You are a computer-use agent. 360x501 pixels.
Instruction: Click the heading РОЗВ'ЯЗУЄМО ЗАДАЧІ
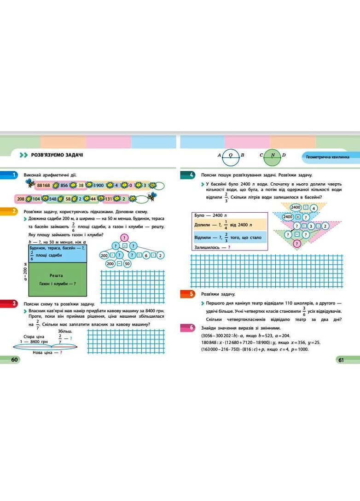(57, 156)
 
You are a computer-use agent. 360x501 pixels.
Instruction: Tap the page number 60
(14, 360)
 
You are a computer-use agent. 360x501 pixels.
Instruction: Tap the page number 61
(341, 360)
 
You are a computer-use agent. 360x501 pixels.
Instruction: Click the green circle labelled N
(273, 155)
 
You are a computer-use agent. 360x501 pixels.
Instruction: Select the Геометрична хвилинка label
(327, 157)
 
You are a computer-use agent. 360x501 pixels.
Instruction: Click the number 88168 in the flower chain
(44, 185)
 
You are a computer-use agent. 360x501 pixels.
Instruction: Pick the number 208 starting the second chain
(21, 199)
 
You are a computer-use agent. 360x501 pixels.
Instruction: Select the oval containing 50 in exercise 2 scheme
(127, 264)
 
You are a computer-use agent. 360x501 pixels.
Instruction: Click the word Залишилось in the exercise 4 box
(208, 247)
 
